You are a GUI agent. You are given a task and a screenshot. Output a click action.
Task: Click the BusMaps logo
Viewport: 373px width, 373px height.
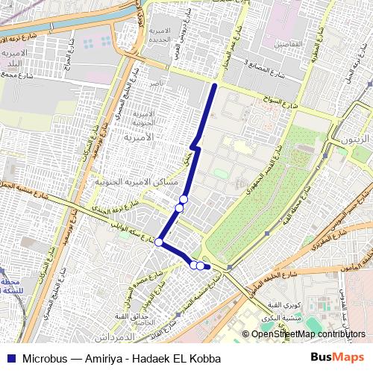(x=338, y=357)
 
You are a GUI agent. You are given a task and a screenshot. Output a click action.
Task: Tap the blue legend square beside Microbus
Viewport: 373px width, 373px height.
(x=13, y=358)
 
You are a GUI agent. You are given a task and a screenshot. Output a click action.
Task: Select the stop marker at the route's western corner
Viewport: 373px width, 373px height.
(x=159, y=242)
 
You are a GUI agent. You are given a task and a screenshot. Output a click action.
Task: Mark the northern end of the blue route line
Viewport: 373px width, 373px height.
(x=214, y=87)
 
